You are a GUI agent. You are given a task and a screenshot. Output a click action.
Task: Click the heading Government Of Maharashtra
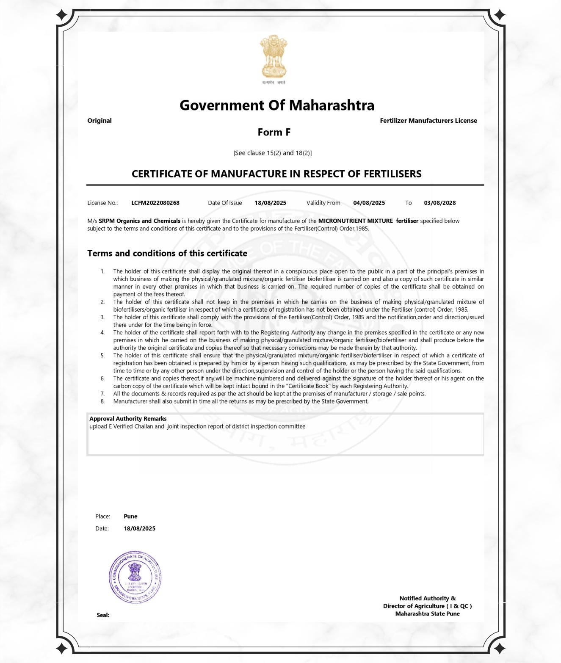[277, 105]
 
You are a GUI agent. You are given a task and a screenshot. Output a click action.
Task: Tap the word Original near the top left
[99, 121]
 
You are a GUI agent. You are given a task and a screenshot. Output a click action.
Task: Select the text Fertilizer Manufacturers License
[428, 121]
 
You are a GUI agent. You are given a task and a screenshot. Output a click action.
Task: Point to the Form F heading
[274, 133]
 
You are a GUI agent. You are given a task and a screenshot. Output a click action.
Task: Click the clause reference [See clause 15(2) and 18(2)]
[272, 153]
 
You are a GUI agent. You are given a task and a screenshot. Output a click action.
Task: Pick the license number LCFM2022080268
[155, 203]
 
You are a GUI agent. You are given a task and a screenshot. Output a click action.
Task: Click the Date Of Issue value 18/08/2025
[270, 203]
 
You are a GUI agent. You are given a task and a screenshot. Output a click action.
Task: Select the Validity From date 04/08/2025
[369, 203]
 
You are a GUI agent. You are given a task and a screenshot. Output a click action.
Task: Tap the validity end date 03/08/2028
[439, 203]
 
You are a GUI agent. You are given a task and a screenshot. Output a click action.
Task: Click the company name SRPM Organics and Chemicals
[139, 221]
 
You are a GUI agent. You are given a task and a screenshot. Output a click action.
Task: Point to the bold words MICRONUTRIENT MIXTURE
[355, 221]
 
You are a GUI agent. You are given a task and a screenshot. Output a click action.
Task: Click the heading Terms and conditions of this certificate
[167, 253]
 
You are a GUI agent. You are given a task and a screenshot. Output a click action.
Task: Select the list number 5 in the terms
[102, 356]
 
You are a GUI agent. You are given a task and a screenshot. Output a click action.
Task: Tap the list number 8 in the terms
[102, 401]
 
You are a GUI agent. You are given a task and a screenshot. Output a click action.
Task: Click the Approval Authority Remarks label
[128, 419]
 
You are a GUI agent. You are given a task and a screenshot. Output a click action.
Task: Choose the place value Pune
[130, 517]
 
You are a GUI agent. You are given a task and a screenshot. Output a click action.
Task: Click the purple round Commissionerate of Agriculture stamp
[135, 577]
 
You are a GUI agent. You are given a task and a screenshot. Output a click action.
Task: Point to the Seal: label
[103, 615]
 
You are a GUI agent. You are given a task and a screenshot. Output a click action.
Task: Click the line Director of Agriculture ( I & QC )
[427, 606]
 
